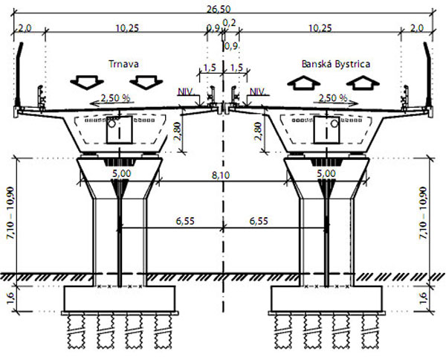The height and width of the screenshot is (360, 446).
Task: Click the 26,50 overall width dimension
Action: pos(218,9)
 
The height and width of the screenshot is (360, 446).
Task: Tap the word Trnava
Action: pos(123,64)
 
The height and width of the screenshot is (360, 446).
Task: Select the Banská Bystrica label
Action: pos(336,64)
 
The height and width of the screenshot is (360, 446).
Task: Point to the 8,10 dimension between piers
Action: pos(221,175)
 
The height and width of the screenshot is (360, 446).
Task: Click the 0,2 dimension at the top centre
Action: pos(229,22)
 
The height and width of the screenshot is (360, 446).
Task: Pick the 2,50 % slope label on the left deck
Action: pos(115,98)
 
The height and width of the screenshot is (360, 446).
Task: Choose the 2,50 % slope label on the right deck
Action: pos(332,98)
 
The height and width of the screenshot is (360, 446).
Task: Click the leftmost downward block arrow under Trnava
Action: pos(87,83)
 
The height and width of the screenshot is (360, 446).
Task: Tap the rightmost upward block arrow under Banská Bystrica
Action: pos(363,83)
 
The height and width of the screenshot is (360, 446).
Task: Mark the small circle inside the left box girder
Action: pos(111,123)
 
